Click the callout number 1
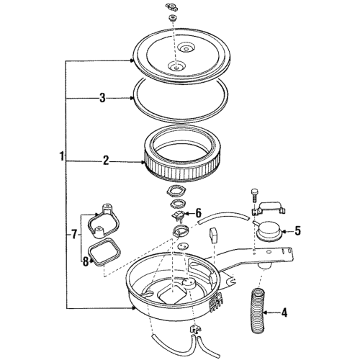pos(63,156)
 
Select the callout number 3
pos(102,98)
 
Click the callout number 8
pos(86,261)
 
